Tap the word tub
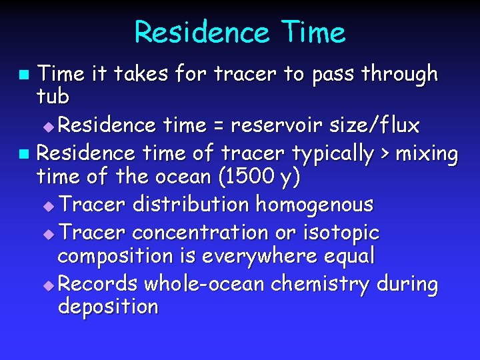53,97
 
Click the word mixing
427,155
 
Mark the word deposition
108,307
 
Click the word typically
333,155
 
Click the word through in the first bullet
400,74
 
